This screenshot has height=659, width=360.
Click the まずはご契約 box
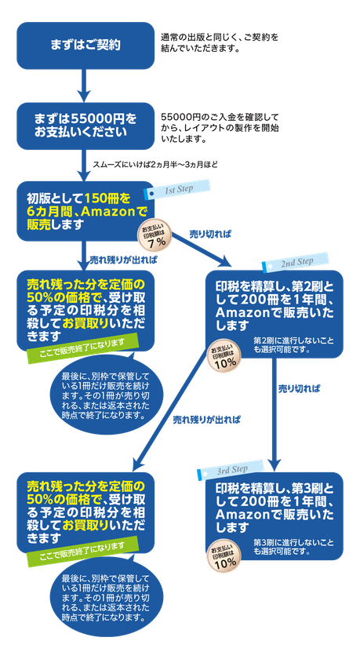coord(85,46)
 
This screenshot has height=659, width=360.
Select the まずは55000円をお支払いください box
coord(85,126)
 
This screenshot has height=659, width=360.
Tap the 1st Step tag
coord(176,189)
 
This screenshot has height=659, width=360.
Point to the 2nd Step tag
coord(295,262)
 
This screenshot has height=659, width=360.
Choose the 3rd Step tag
coord(231,470)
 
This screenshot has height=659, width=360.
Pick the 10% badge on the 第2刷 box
coord(225,357)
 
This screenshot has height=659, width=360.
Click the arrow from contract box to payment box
coord(85,86)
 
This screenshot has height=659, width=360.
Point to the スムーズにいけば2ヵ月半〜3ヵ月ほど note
coord(155,164)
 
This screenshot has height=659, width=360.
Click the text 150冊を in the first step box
coord(108,197)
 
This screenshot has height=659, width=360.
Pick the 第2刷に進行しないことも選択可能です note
coord(293,344)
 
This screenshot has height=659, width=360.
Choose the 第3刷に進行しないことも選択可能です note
coord(293,547)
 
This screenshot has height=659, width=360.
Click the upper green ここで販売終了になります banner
coord(83,348)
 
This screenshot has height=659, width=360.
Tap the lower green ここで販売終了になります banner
coord(83,552)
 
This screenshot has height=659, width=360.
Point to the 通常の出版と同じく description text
coord(220,42)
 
